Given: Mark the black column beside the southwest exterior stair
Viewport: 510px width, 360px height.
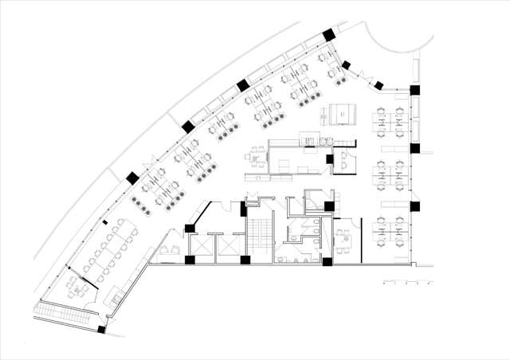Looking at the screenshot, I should (101, 328).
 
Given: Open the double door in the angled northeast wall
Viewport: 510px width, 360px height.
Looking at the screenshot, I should (363, 74).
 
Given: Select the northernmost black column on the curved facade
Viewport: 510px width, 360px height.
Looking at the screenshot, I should (328, 36).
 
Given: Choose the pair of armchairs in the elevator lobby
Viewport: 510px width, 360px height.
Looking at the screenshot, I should (169, 251).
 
